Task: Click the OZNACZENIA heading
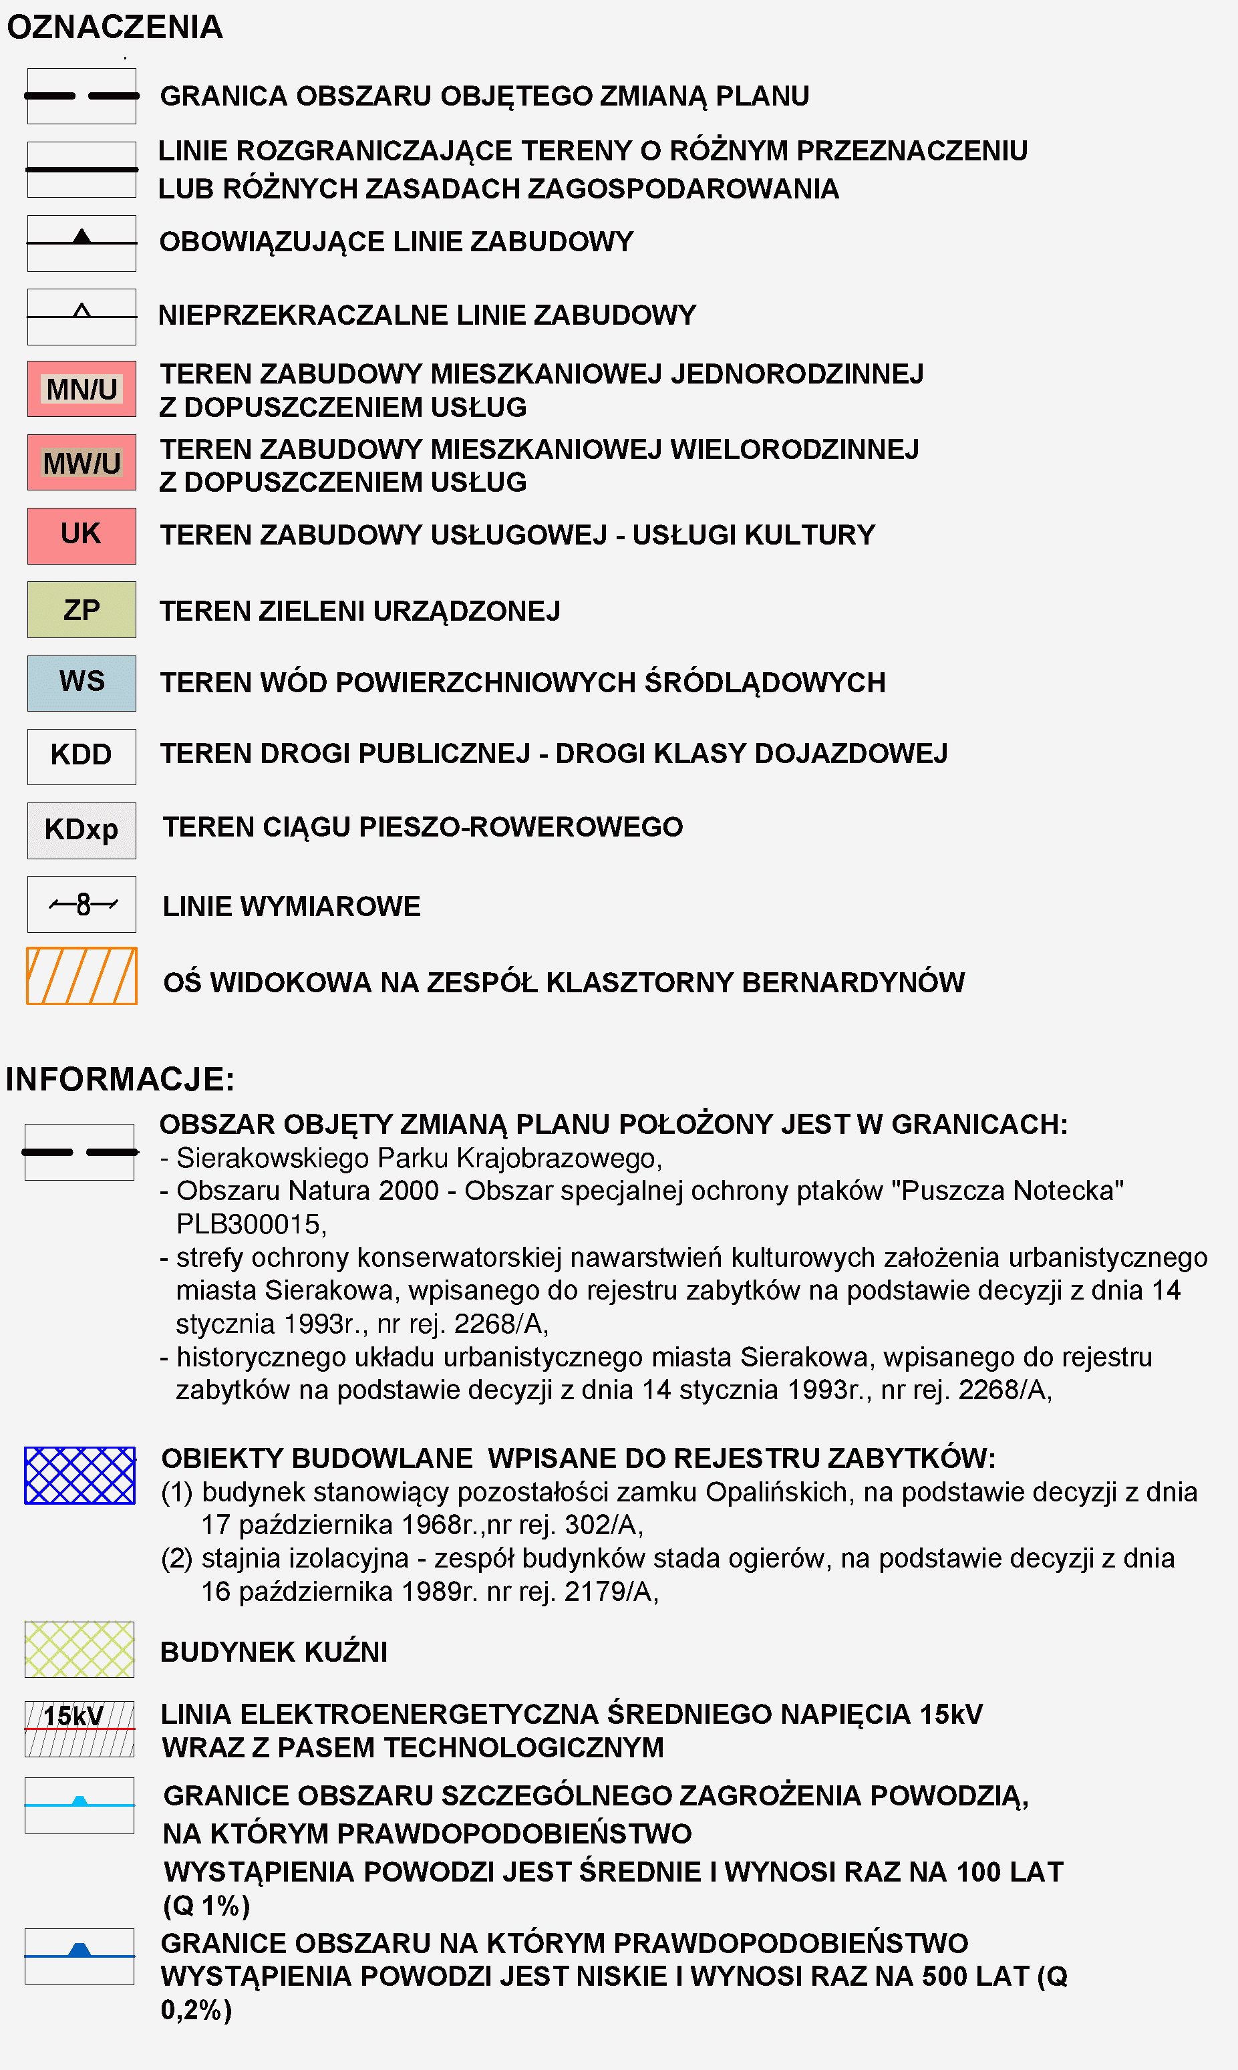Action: point(115,27)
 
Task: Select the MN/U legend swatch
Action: point(82,389)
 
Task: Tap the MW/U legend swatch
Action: point(82,462)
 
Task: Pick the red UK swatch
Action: point(82,536)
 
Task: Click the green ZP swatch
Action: point(82,610)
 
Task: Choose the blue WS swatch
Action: point(82,682)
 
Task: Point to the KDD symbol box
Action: point(82,756)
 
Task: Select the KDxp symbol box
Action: point(82,830)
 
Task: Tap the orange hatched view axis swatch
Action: point(82,976)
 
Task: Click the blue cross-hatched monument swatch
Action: point(80,1475)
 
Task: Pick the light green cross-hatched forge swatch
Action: point(80,1650)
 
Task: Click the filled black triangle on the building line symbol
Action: point(82,237)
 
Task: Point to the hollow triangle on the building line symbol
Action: point(82,311)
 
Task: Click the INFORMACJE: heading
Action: point(120,1079)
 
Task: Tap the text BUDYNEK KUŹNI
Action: point(274,1652)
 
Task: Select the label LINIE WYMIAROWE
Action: point(291,906)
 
